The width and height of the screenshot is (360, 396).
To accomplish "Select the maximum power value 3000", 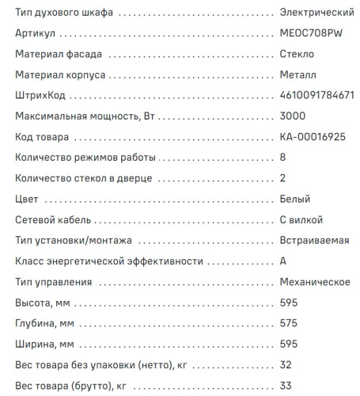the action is coord(293,116).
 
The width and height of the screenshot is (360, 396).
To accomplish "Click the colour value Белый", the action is coord(295,198).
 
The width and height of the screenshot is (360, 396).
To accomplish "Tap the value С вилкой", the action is coord(301,219).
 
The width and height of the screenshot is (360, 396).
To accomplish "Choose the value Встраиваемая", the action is coord(314,240).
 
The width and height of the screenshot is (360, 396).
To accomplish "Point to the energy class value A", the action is coord(283,261).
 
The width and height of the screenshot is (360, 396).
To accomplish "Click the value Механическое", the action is coord(315,281).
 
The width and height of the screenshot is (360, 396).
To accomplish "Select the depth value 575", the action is coord(289,322).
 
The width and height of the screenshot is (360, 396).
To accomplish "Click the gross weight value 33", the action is coord(286,384).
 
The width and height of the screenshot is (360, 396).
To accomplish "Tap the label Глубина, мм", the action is coord(44,322).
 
